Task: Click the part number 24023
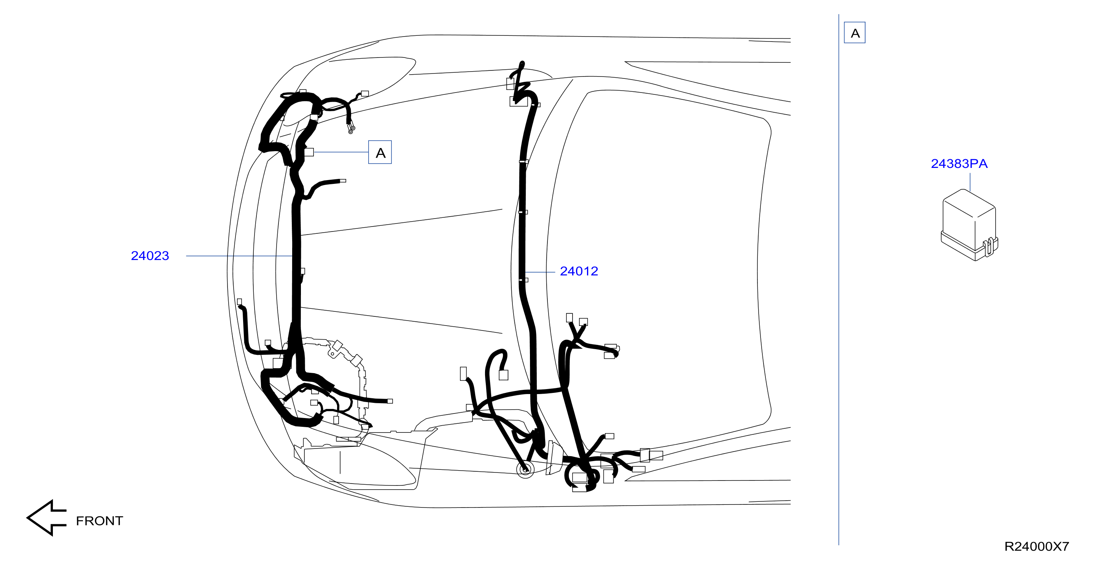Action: pos(150,256)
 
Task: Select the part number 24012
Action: pos(579,271)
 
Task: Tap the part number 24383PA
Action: pos(959,164)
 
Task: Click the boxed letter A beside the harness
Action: pos(380,152)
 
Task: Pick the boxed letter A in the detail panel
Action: pos(855,33)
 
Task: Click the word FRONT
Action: pos(100,521)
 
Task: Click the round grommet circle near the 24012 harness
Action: pos(525,469)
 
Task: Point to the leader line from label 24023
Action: pos(240,256)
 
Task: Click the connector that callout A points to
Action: pos(309,152)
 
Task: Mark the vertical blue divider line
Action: pos(839,279)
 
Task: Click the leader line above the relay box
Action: pos(970,182)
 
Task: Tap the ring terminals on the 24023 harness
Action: pos(352,128)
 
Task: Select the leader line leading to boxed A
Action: pos(341,152)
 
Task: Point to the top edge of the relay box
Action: pos(969,200)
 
